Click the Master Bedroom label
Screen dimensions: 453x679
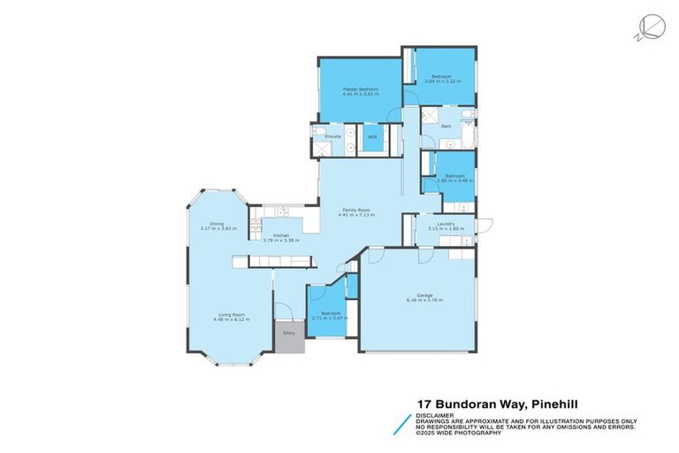pos(361,90)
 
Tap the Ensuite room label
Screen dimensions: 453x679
pos(333,137)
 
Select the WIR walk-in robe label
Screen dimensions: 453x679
pos(372,137)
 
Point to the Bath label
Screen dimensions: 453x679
pos(446,127)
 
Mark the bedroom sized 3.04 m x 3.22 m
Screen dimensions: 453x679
pos(441,77)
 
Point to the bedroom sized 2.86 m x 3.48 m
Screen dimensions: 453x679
pos(455,177)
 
